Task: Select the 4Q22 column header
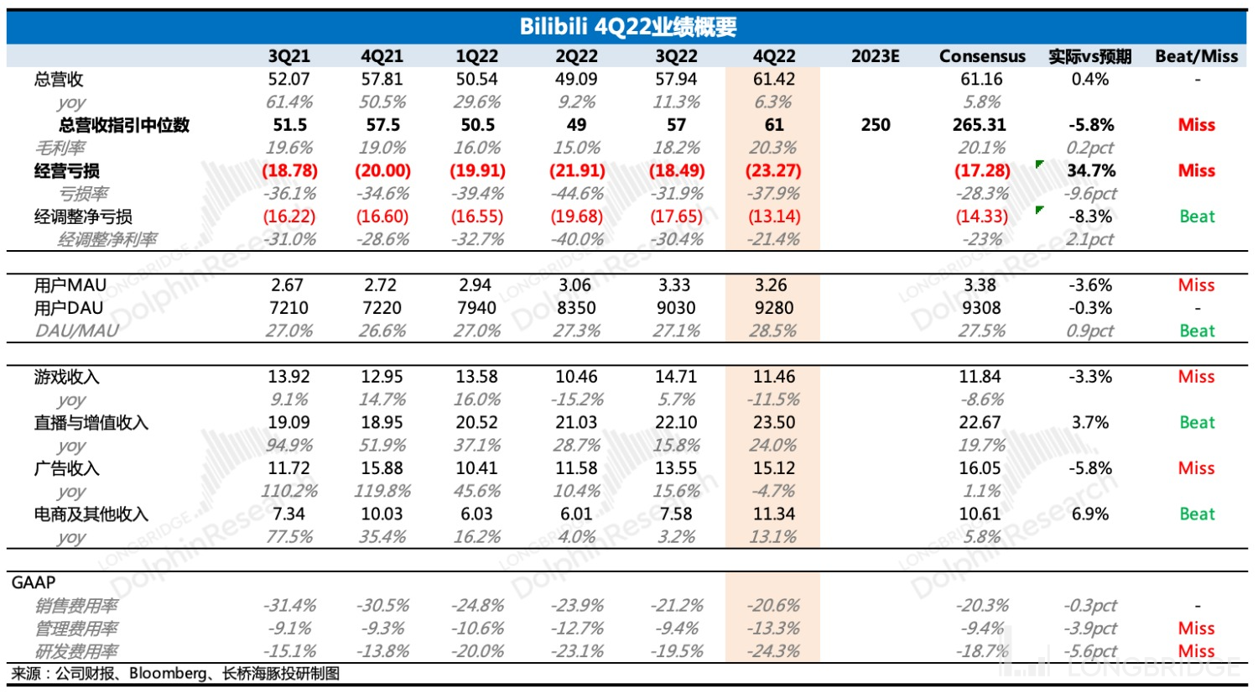773,56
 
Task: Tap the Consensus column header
982,56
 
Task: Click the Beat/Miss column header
1196,56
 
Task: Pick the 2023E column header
875,56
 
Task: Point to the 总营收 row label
59,80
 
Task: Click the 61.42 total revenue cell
773,80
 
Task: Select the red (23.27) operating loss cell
773,171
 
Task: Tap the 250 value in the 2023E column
875,125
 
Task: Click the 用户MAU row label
70,285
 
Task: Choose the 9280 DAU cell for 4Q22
773,308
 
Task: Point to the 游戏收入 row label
66,377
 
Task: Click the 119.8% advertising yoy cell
382,491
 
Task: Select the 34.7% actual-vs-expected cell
1090,171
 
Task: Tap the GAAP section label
34,582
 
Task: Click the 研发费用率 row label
76,651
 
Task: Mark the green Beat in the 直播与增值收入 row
1197,423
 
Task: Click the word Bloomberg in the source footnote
168,674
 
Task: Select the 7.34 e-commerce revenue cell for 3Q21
289,514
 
